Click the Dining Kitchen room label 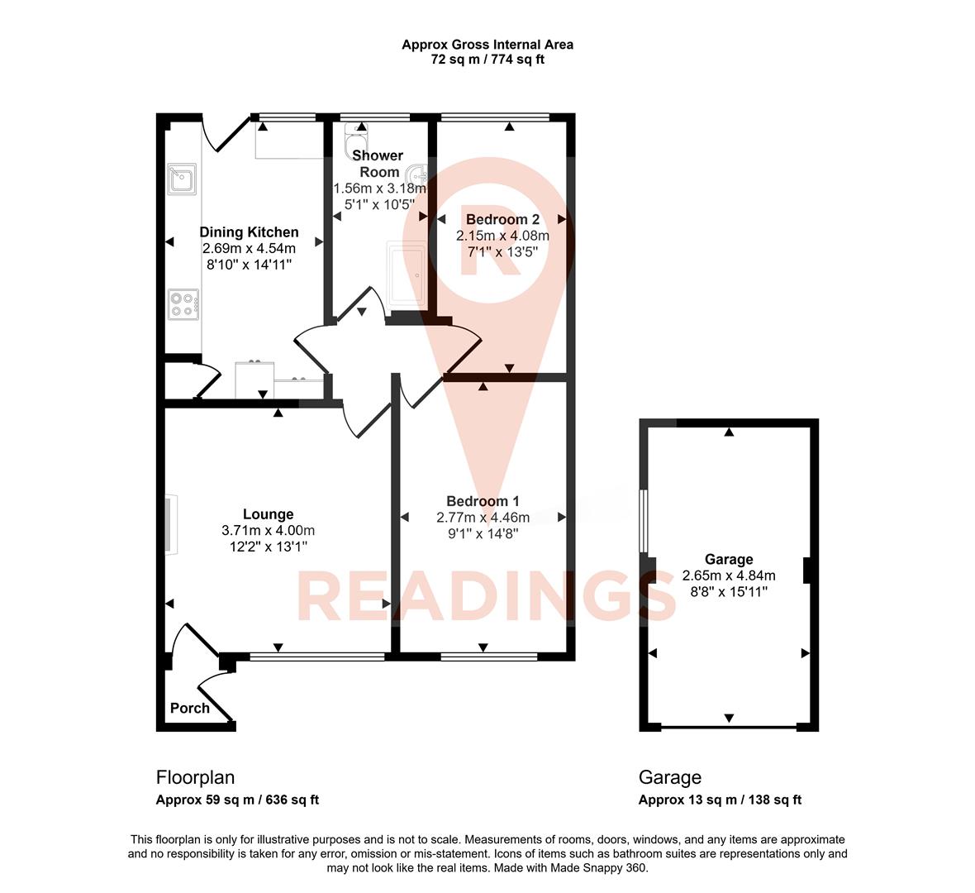249,232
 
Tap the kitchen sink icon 182,179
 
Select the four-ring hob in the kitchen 183,303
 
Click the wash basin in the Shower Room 418,174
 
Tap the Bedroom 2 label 502,220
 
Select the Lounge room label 268,514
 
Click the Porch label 189,709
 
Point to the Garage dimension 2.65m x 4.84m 728,575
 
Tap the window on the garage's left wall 644,520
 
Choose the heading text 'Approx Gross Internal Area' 487,45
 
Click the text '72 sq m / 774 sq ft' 487,60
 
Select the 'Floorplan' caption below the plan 195,777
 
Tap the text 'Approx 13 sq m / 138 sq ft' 719,800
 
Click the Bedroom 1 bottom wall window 489,657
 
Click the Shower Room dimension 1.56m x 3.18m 379,189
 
